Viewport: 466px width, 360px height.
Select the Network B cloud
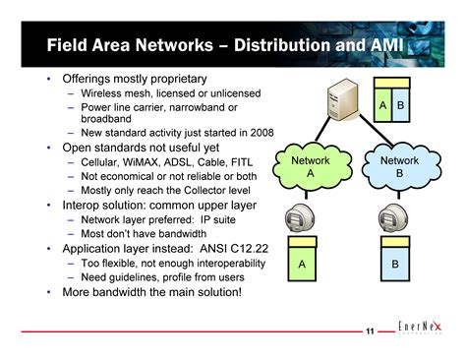398,166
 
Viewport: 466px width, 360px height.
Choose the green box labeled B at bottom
395,265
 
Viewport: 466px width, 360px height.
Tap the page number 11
369,331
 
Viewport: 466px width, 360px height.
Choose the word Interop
84,206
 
